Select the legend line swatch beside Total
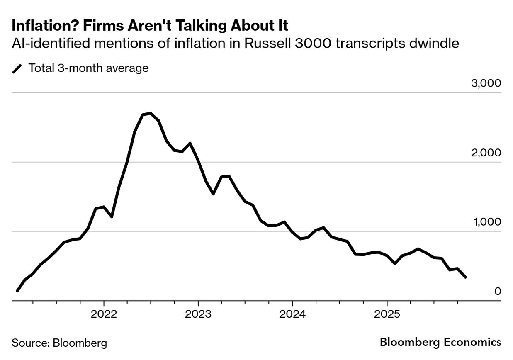pyautogui.click(x=18, y=68)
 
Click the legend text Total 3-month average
pyautogui.click(x=88, y=68)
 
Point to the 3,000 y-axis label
pyautogui.click(x=486, y=83)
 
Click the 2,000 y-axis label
pyautogui.click(x=486, y=153)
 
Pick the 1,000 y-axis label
pyautogui.click(x=486, y=222)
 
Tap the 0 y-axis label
pyautogui.click(x=498, y=291)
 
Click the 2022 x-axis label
pyautogui.click(x=104, y=314)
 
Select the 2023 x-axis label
pyautogui.click(x=198, y=314)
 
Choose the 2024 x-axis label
pyautogui.click(x=292, y=314)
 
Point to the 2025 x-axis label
pyautogui.click(x=387, y=314)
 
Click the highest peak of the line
pyautogui.click(x=150, y=113)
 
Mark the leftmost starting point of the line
pyautogui.click(x=17, y=291)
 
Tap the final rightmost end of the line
pyautogui.click(x=466, y=277)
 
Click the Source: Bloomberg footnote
pyautogui.click(x=59, y=343)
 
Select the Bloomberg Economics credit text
pyautogui.click(x=440, y=342)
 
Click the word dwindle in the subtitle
pyautogui.click(x=436, y=43)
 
